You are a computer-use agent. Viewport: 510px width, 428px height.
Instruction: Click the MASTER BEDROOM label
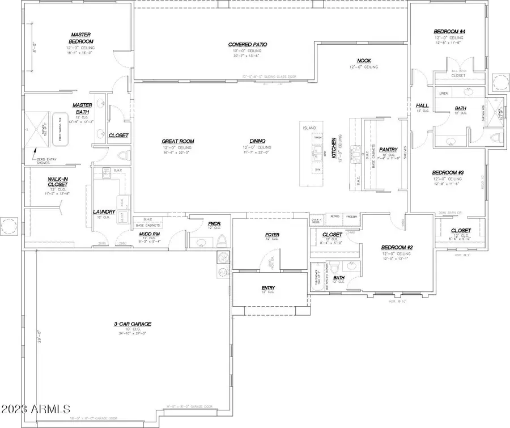tap(82, 38)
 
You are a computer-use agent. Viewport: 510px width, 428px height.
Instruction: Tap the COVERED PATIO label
tap(248, 44)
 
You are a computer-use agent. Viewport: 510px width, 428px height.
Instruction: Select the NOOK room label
tap(364, 61)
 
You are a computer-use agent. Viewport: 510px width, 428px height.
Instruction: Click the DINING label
tap(258, 141)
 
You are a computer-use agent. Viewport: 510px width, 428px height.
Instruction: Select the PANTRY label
tap(389, 150)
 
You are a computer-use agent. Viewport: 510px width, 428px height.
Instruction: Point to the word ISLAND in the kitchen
tap(309, 129)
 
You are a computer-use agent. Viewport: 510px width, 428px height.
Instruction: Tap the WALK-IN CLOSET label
tap(58, 182)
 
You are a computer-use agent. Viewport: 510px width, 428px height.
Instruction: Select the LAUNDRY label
tap(104, 212)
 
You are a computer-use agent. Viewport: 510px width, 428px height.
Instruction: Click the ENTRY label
tap(268, 288)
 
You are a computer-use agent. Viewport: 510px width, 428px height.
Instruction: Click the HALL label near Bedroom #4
tap(422, 105)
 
